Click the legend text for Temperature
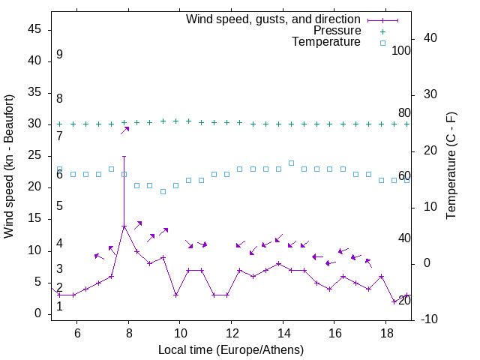pos(326,42)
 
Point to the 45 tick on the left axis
pos(34,29)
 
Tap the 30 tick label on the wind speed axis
pos(34,124)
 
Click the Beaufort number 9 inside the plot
pos(59,55)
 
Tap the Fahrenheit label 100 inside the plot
pos(401,51)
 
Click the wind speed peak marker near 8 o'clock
pos(124,226)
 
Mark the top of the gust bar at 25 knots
pos(124,157)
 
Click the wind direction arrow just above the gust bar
pos(125,130)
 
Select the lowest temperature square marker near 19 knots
pos(163,192)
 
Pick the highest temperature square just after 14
pos(291,163)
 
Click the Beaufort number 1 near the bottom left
pos(59,306)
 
